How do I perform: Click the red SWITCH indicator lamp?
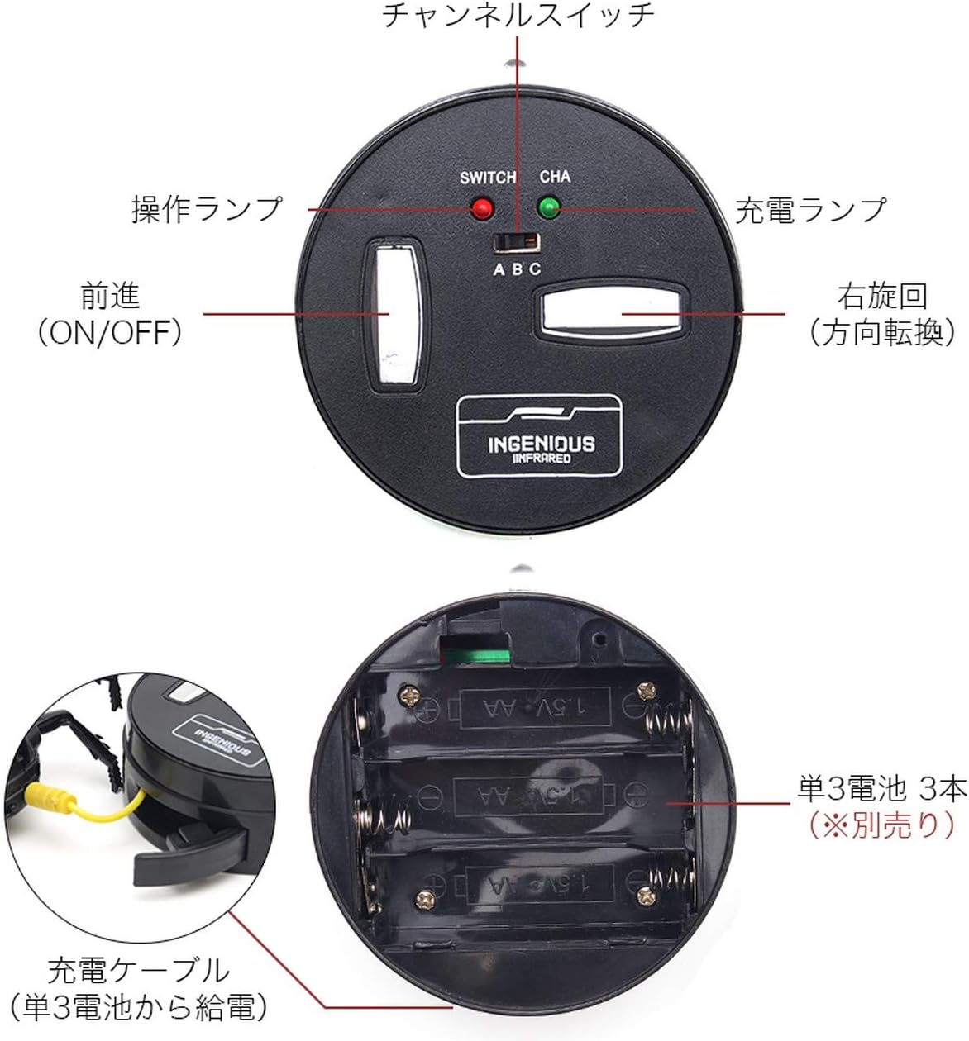[x=481, y=208]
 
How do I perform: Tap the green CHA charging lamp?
[x=549, y=207]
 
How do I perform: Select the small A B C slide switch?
[x=517, y=243]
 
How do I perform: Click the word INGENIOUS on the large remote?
[x=542, y=444]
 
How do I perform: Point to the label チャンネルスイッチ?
[x=518, y=16]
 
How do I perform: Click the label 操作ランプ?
[x=207, y=209]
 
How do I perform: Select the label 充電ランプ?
[x=810, y=210]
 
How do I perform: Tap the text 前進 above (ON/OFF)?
[x=110, y=296]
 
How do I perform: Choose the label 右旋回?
[x=883, y=296]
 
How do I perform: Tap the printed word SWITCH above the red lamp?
[x=488, y=178]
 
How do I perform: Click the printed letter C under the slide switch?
[x=535, y=269]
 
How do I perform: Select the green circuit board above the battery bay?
[x=477, y=654]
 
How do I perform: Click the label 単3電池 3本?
[x=882, y=788]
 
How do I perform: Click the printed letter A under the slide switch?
[x=499, y=269]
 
